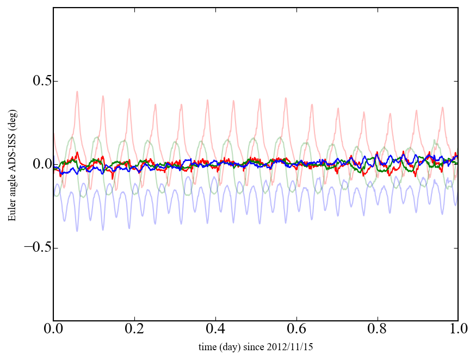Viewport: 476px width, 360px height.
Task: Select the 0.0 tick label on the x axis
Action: pyautogui.click(x=53, y=330)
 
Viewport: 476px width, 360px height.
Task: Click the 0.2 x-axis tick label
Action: pyautogui.click(x=134, y=330)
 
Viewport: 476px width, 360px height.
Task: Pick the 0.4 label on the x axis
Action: pyautogui.click(x=215, y=330)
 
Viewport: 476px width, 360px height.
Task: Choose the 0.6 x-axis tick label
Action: pyautogui.click(x=296, y=330)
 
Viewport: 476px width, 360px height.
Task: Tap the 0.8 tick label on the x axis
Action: pyautogui.click(x=377, y=330)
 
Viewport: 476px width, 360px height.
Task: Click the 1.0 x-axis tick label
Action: pyautogui.click(x=458, y=330)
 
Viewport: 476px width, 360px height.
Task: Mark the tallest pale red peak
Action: pyautogui.click(x=77, y=92)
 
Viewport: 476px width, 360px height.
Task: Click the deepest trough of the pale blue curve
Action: pyautogui.click(x=77, y=231)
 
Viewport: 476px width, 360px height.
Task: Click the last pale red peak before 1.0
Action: pyautogui.click(x=442, y=108)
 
